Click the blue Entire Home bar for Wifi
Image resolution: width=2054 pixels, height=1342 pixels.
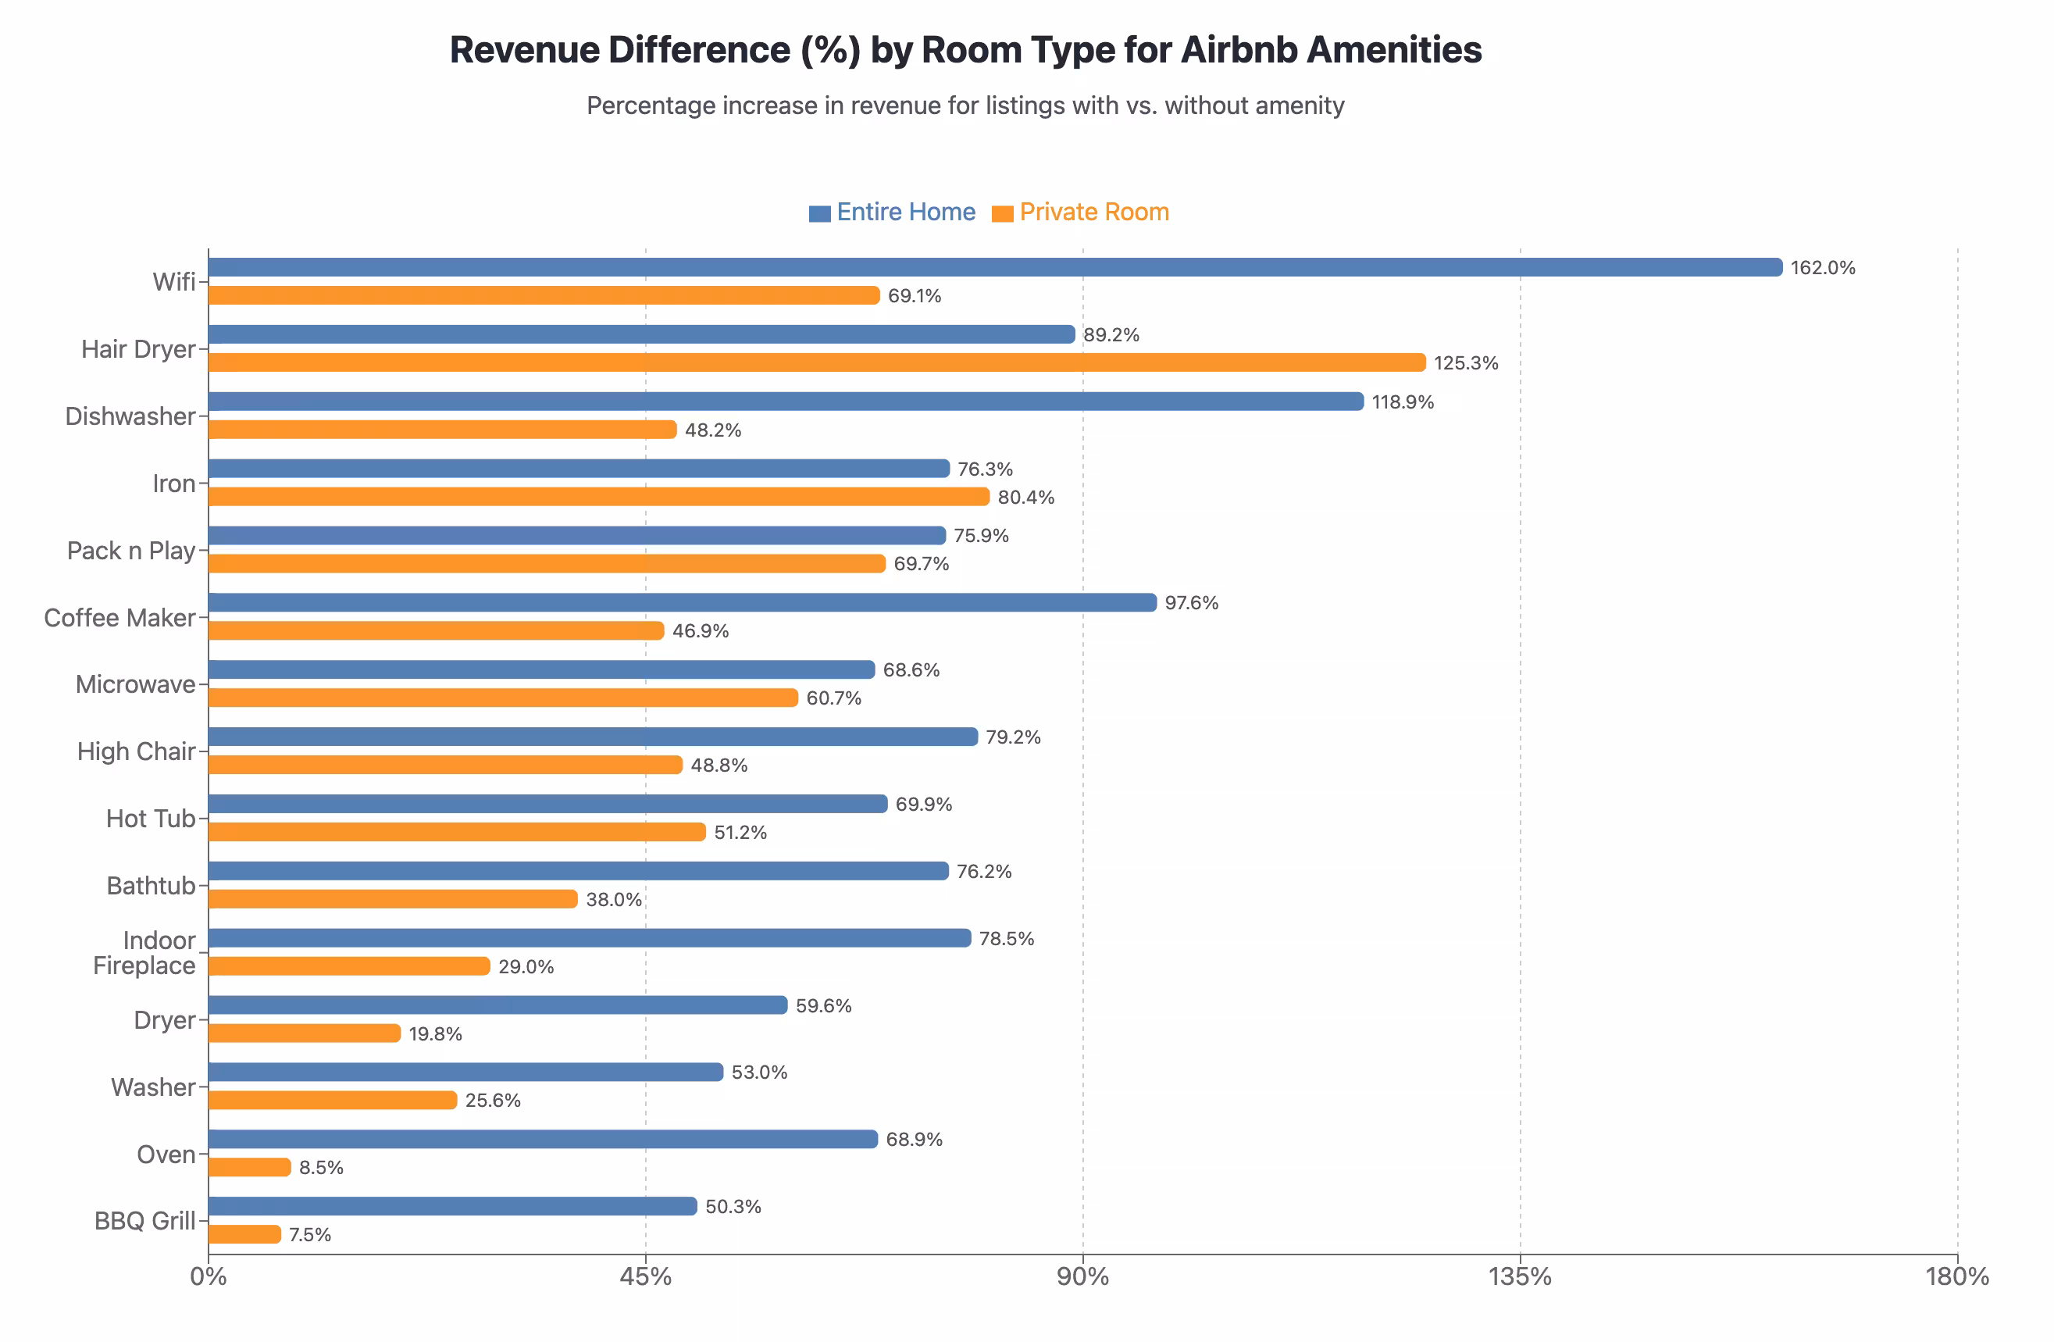click(x=993, y=267)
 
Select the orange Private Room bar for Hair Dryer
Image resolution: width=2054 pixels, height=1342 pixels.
click(x=815, y=362)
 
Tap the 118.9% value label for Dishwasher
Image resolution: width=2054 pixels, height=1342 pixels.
click(x=1403, y=402)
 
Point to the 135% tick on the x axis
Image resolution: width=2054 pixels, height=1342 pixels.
click(x=1520, y=1276)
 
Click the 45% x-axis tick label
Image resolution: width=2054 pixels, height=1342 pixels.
click(x=646, y=1276)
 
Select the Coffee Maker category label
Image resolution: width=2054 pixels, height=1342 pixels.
click(x=120, y=618)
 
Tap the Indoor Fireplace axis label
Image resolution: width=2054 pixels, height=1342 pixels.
click(x=145, y=953)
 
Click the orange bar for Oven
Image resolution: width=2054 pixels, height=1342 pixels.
click(x=250, y=1167)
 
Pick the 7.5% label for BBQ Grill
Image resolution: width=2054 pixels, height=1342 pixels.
click(x=310, y=1235)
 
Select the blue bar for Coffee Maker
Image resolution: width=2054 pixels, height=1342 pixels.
click(x=682, y=602)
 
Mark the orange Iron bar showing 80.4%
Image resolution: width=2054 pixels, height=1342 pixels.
click(x=598, y=497)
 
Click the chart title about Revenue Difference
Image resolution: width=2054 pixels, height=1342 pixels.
click(x=965, y=50)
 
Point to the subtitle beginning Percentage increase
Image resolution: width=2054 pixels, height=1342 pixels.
click(x=965, y=105)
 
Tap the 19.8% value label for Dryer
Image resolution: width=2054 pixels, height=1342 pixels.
click(x=436, y=1034)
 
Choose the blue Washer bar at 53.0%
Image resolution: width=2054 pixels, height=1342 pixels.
click(x=466, y=1072)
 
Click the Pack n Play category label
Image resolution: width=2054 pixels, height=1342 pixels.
click(x=131, y=551)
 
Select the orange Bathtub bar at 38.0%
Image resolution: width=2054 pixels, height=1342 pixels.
click(x=393, y=899)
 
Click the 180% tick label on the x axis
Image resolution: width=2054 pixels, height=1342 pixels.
click(x=1956, y=1276)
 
